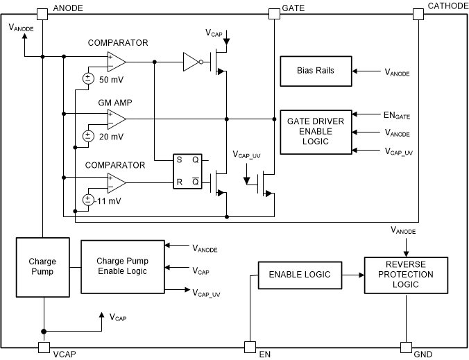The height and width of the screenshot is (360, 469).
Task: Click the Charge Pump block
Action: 42,266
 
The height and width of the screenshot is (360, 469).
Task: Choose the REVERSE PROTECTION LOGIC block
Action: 404,275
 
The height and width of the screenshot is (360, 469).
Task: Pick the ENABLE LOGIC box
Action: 300,275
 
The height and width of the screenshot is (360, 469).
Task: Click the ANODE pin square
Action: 42,13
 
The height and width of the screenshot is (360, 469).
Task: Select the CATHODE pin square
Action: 418,13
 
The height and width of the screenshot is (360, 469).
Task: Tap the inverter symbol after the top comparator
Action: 192,62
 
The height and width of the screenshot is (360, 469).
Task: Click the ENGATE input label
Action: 398,115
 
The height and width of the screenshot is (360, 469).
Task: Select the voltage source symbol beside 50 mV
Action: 88,78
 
